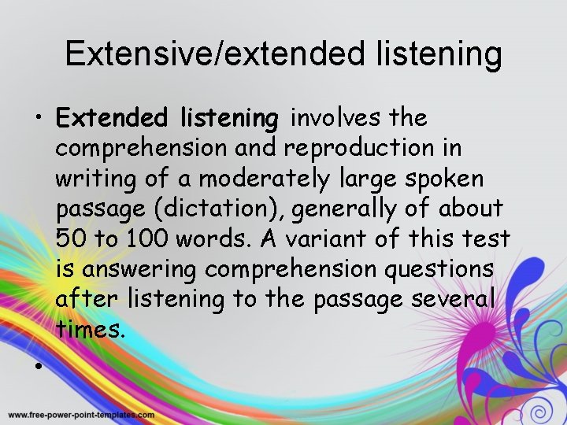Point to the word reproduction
coord(372,147)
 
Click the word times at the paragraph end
coord(91,330)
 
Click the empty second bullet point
coord(37,367)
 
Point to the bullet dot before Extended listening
coord(37,121)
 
